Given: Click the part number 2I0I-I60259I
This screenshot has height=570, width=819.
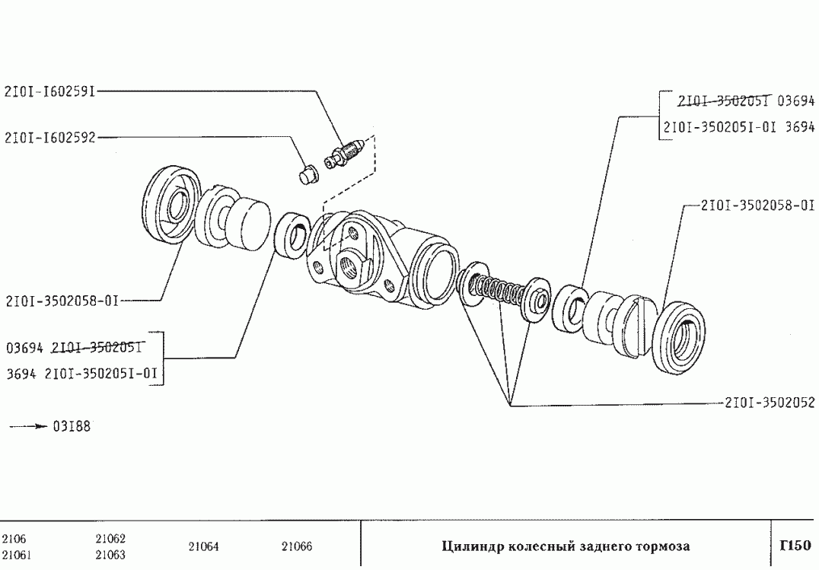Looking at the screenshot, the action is tap(50, 91).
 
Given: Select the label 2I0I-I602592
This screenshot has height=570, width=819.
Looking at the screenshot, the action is tap(50, 138).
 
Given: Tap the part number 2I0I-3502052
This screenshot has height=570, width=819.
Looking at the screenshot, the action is tap(770, 403).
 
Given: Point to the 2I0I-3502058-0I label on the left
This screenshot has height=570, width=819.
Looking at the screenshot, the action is tap(62, 301).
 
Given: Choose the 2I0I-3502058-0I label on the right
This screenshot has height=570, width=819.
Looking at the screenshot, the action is tap(757, 205).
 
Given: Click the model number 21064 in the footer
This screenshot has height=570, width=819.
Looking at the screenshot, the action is tap(203, 546).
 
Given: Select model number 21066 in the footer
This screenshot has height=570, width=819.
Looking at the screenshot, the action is tap(296, 546).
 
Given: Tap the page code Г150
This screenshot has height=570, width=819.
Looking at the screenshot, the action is tap(795, 546).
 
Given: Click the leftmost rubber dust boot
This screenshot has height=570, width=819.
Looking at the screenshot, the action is tap(172, 204).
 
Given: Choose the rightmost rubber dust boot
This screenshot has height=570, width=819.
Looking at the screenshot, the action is tap(677, 338).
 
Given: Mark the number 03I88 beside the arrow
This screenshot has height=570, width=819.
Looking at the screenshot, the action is tap(72, 426).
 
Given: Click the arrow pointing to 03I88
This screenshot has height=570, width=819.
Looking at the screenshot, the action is tap(29, 427).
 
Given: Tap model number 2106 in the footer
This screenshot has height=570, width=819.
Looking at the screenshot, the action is tap(14, 539).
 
